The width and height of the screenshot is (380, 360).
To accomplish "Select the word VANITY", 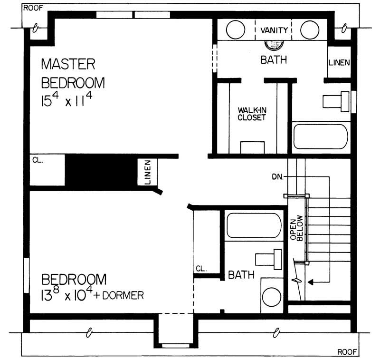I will coord(275,30).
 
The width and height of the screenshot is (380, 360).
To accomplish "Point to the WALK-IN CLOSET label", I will coord(252,114).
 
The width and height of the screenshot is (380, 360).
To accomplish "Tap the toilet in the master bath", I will coord(334,101).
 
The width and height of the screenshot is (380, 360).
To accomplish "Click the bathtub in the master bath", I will coord(321,136).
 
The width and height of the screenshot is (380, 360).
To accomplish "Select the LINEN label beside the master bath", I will coord(339,62).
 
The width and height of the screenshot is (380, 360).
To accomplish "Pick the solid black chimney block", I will coord(100,172).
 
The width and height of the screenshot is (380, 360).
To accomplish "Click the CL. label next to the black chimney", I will coord(38,160).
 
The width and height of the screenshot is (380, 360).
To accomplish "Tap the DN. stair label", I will coord(278,176).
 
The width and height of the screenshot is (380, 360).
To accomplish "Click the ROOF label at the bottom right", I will coord(347,352).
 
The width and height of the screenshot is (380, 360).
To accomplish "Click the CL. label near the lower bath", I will coord(201,269).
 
